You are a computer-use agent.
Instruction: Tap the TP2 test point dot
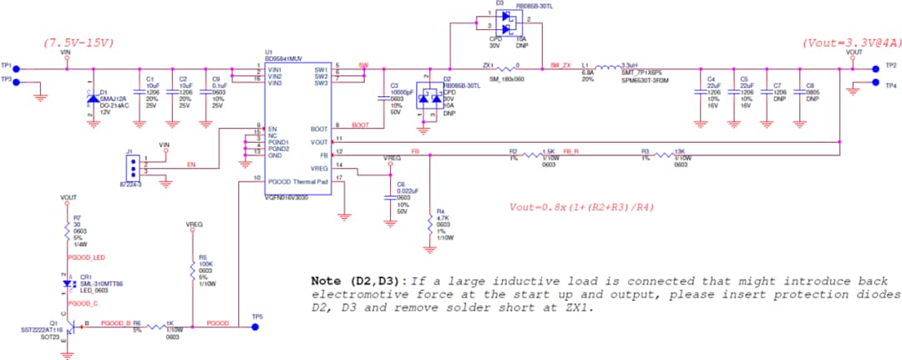876,68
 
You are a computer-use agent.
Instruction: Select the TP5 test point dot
256,327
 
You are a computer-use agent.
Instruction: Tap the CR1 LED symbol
68,283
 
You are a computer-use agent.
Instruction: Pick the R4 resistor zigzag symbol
429,224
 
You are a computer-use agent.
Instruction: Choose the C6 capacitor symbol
389,197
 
